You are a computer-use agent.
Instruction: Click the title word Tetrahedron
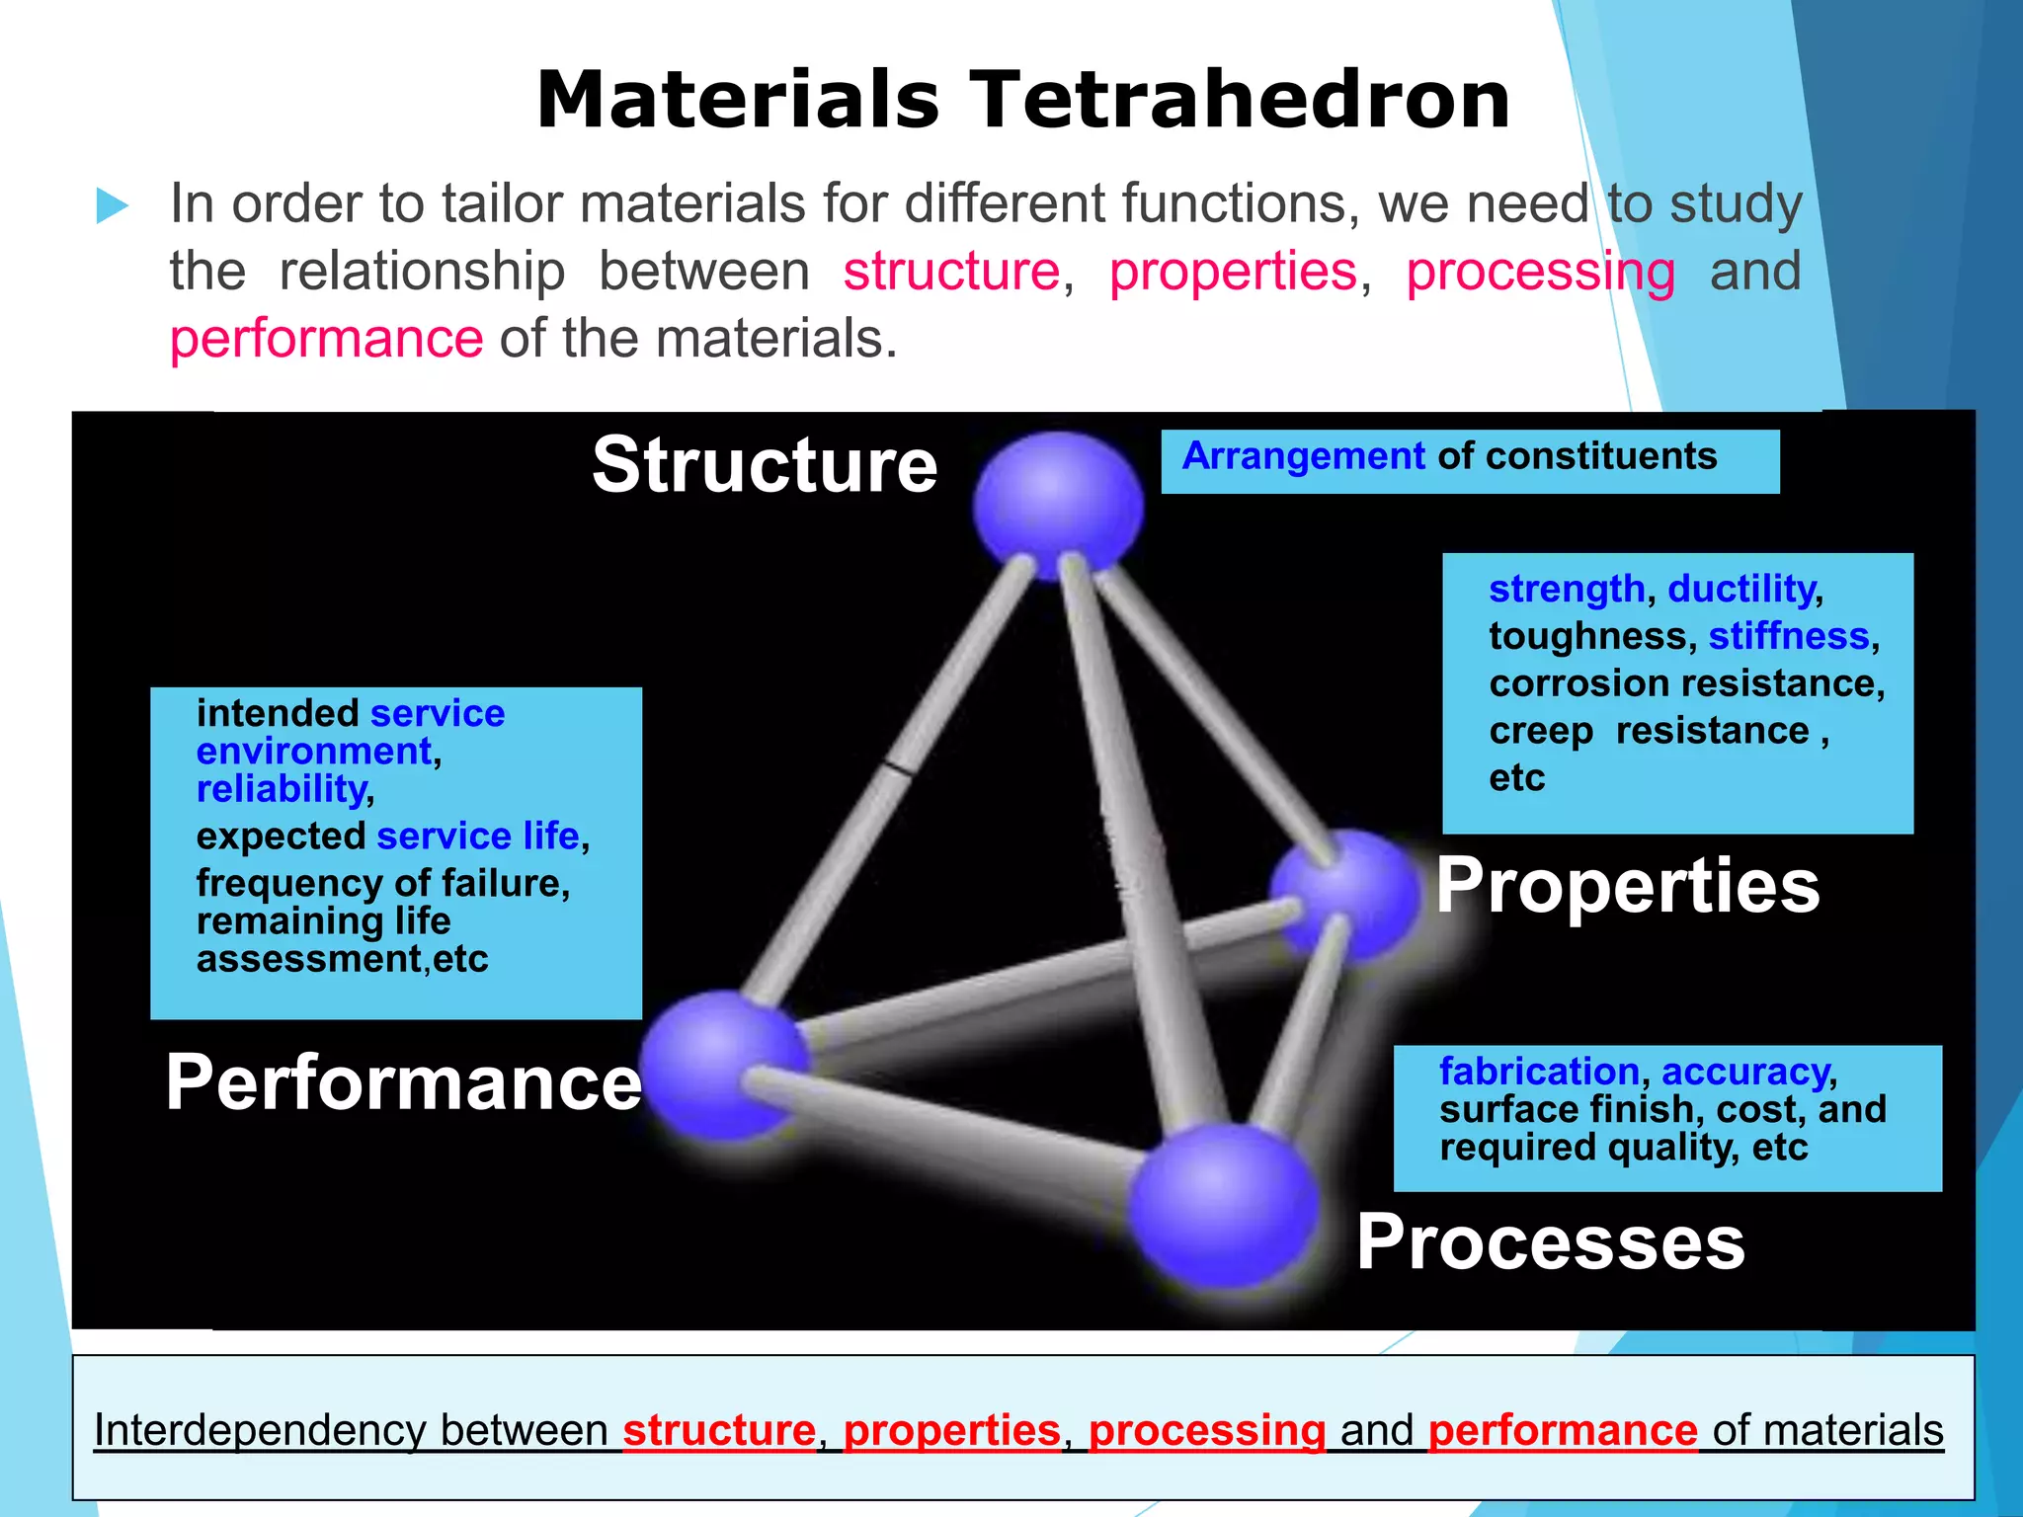[1240, 101]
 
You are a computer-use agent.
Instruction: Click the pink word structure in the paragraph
[950, 272]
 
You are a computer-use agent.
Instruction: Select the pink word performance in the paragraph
[326, 339]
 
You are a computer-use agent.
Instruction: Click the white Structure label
[765, 465]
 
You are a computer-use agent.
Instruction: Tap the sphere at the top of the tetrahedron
[1057, 506]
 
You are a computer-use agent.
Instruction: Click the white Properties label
[1627, 887]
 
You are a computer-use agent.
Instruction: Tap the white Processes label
[1550, 1242]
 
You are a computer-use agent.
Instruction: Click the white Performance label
[403, 1083]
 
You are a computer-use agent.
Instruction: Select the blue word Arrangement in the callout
[1303, 456]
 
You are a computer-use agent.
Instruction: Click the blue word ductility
[1741, 590]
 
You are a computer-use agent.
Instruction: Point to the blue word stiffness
[1788, 636]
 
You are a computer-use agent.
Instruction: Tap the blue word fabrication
[1539, 1072]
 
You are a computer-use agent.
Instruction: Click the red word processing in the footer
[1206, 1430]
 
